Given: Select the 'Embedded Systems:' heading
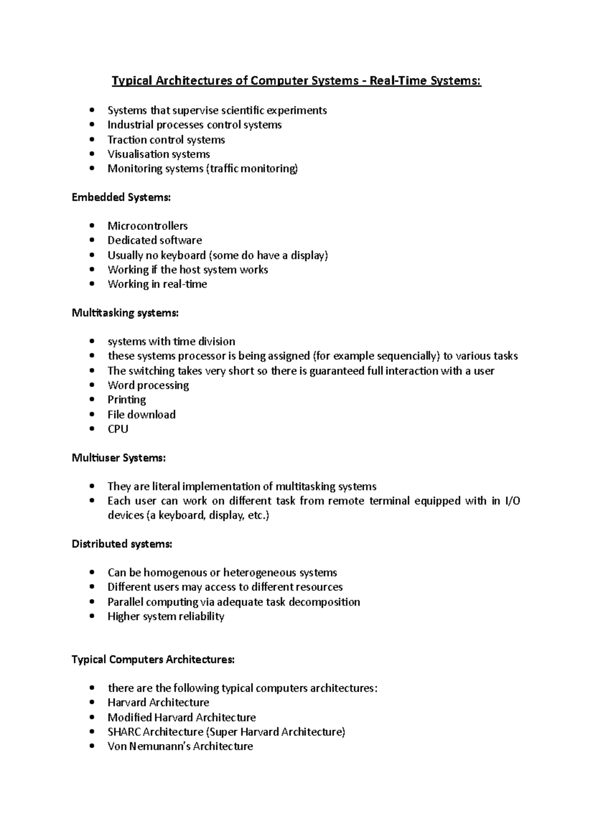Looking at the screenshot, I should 121,197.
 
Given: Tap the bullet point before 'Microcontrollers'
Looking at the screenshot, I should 92,226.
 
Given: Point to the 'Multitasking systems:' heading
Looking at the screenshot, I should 125,313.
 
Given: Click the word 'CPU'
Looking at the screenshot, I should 118,429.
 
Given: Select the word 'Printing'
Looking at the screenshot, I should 127,400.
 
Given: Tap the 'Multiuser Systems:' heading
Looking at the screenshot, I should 119,458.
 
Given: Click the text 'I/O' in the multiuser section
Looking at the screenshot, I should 512,501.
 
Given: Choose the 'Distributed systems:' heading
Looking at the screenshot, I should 122,544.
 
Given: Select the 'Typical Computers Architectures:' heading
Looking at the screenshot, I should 153,660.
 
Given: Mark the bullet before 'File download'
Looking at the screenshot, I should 92,415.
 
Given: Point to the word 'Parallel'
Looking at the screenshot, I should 125,602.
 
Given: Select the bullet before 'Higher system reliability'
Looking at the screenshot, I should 92,617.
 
